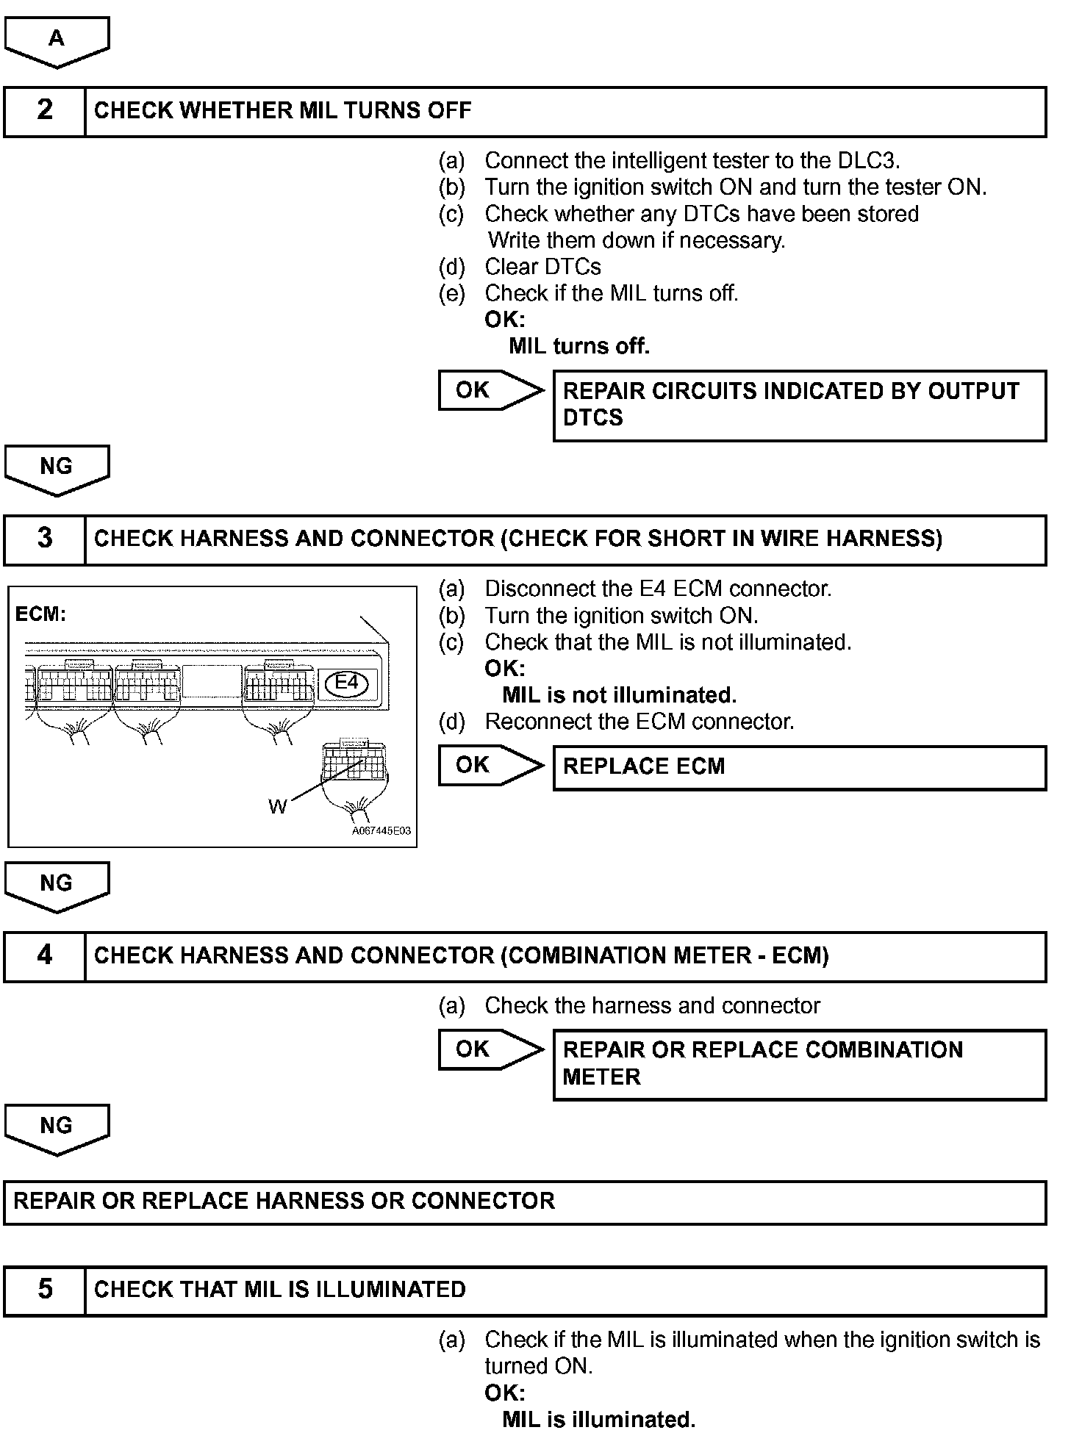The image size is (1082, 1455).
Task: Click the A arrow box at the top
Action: [57, 40]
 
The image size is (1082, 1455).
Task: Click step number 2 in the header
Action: [45, 110]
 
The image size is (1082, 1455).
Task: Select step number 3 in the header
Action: [45, 539]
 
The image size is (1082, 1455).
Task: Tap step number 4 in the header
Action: [45, 955]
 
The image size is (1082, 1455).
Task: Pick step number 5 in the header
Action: [45, 1290]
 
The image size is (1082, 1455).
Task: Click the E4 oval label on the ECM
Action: [346, 683]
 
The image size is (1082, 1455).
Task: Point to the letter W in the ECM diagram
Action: [277, 807]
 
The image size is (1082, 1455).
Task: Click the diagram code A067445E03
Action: [381, 831]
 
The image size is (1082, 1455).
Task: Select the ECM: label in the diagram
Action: [40, 614]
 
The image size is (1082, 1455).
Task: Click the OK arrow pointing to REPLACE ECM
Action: [489, 765]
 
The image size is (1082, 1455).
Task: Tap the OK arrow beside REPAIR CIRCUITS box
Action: [489, 390]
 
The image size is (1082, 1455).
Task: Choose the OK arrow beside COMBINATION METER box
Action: [489, 1049]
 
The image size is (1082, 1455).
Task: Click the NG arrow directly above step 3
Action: [57, 468]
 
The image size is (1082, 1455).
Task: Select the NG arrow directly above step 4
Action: [57, 885]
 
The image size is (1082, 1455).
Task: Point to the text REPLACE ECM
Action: [644, 766]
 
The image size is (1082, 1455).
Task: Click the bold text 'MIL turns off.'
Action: [579, 346]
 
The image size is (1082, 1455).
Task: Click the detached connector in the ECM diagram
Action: [354, 764]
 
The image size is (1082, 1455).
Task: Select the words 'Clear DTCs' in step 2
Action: [542, 267]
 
